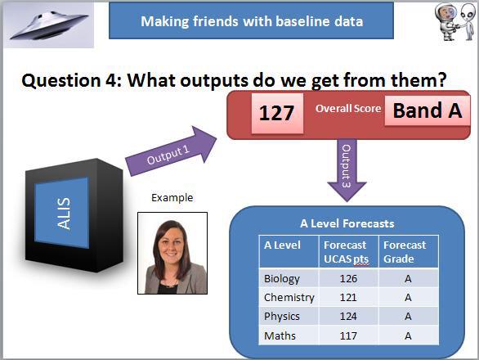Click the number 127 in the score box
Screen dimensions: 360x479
[x=276, y=113]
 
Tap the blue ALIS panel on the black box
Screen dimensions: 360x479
[x=61, y=210]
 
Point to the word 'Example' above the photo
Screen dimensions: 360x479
[x=172, y=198]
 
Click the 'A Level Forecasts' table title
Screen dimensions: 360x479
[x=347, y=223]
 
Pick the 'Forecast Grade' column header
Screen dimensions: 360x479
[x=406, y=251]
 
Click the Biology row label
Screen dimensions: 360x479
[x=282, y=278]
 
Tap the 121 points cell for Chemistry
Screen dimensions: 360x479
[x=348, y=298]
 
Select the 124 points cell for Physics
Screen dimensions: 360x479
[x=348, y=316]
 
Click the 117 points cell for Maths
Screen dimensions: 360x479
[x=348, y=335]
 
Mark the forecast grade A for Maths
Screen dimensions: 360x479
[x=408, y=335]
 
